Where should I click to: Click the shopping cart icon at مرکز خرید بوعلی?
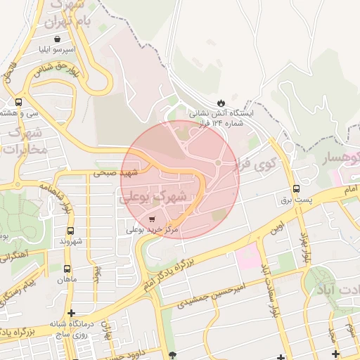point(153,220)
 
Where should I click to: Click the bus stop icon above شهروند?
point(70,231)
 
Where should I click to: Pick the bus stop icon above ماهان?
point(67,269)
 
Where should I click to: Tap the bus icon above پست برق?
point(296,188)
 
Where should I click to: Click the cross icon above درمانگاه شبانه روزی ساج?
point(70,313)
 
